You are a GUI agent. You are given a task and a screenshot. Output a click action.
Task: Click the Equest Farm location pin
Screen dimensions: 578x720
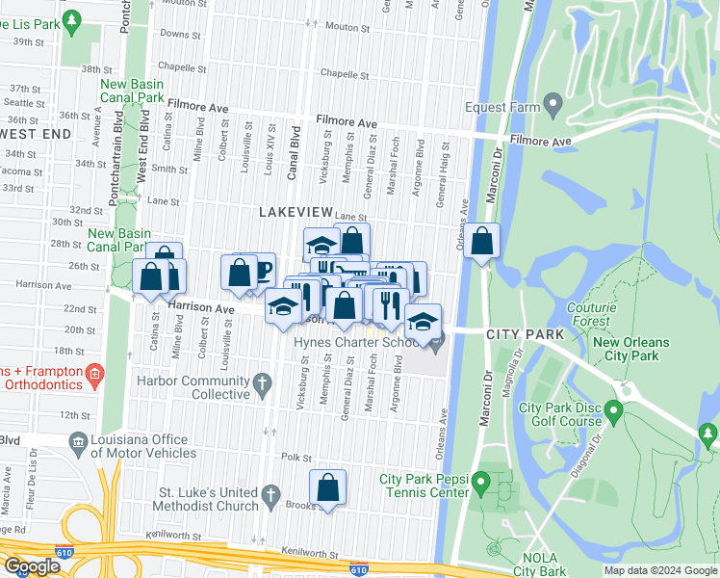point(553,103)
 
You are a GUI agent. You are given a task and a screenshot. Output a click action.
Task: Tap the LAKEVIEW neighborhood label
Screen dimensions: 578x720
point(295,211)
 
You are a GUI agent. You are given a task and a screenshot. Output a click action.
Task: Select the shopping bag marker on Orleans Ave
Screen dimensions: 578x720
point(484,241)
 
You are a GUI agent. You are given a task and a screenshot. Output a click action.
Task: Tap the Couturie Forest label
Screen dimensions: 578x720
point(589,315)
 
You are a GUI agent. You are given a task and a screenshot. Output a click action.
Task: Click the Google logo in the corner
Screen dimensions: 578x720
point(32,566)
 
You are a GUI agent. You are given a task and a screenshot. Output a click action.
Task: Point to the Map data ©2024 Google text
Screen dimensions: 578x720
point(659,570)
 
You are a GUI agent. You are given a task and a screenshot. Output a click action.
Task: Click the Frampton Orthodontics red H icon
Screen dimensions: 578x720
point(93,373)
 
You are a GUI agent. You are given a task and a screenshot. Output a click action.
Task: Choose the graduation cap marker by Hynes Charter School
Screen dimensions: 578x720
point(421,322)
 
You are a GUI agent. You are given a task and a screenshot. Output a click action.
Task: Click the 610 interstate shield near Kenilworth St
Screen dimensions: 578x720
point(358,569)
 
